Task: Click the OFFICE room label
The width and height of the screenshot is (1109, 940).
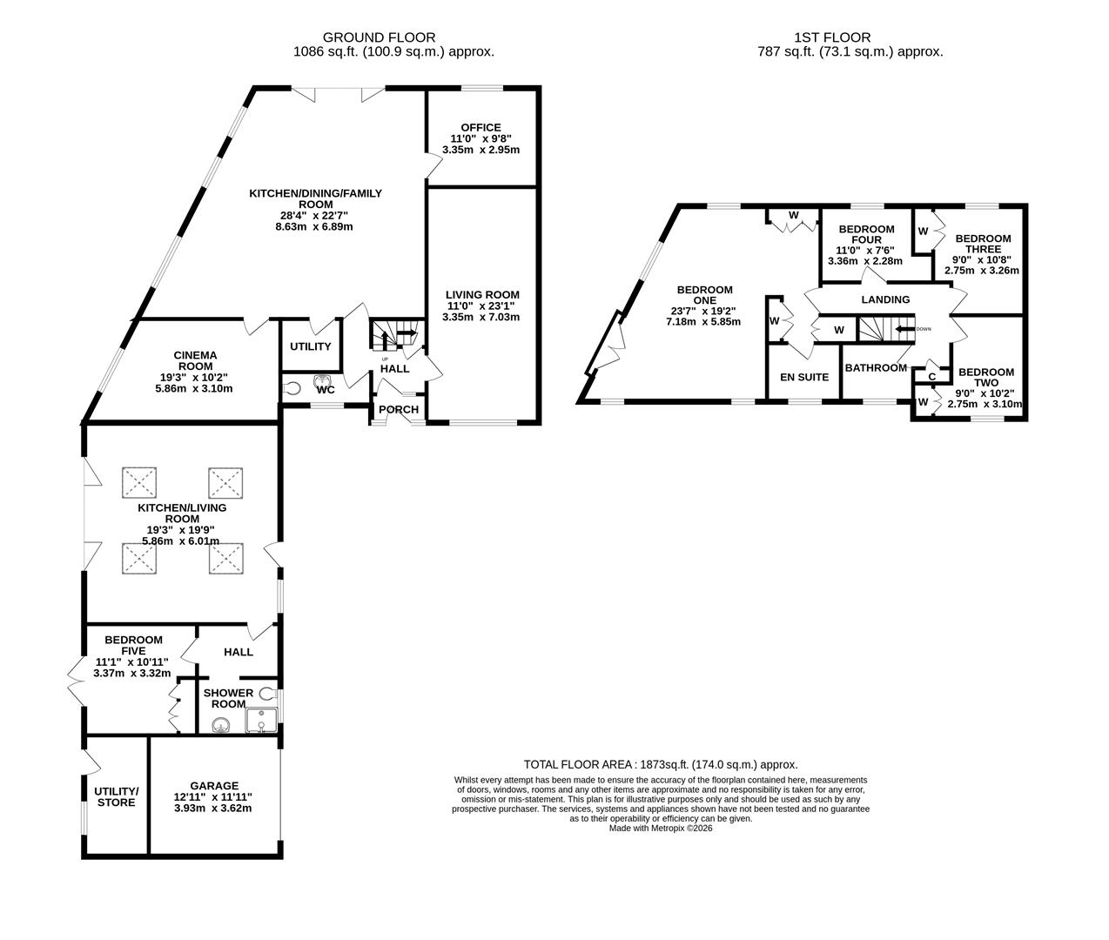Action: (481, 128)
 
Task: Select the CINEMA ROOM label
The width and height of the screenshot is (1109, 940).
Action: (195, 360)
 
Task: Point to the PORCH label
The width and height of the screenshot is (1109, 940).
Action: (399, 410)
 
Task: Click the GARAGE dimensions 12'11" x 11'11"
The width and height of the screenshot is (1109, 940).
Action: (213, 796)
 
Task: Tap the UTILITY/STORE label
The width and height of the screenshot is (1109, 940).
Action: (116, 796)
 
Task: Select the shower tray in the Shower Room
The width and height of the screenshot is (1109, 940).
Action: (260, 721)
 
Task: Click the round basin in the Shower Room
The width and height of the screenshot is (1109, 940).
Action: (220, 724)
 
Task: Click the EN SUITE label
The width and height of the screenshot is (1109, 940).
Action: (803, 377)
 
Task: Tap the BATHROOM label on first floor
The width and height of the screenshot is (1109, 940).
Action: (877, 368)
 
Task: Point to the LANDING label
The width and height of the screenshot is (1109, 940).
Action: (885, 299)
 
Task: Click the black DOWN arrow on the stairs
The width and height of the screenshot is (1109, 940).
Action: (905, 329)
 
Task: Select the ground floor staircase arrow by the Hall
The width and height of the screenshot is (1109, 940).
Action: (406, 332)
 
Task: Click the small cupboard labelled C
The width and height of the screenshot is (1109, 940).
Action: (931, 376)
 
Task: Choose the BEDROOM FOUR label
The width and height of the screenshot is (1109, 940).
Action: (866, 234)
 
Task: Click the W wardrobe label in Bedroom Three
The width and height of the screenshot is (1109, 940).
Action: (923, 231)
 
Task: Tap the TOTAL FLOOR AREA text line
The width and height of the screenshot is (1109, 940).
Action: (660, 764)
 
